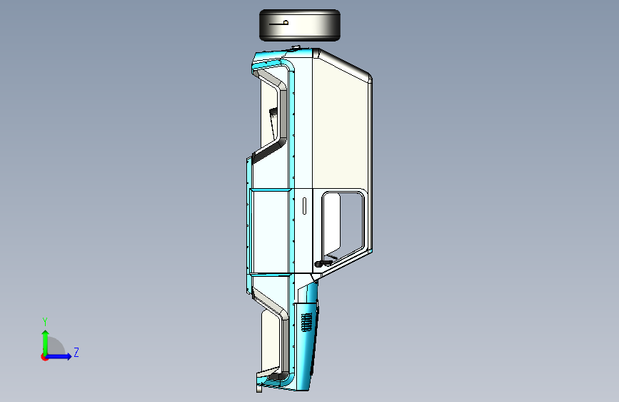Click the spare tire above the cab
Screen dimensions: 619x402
pyautogui.click(x=300, y=25)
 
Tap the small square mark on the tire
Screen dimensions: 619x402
pyautogui.click(x=286, y=23)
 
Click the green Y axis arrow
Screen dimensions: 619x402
pyautogui.click(x=46, y=343)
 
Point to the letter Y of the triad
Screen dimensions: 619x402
pyautogui.click(x=45, y=322)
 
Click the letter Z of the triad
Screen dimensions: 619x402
pyautogui.click(x=76, y=352)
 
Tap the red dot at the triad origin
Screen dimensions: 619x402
pyautogui.click(x=44, y=357)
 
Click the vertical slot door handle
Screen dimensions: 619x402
pyautogui.click(x=304, y=206)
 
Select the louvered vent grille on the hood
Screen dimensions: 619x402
pyautogui.click(x=306, y=322)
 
